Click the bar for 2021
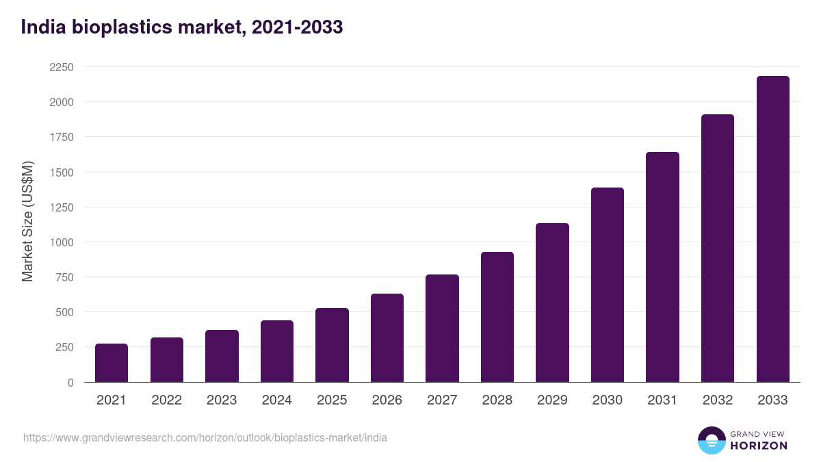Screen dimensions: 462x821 tap(112, 363)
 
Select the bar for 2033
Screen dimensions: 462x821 tap(772, 229)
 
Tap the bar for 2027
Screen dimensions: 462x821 tap(442, 329)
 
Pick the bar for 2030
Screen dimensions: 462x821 tap(608, 285)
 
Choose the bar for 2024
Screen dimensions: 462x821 tap(277, 351)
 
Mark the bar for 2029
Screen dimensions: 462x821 tap(552, 303)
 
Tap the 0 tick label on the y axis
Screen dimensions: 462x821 tap(70, 383)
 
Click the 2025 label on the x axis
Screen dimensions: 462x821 tap(332, 400)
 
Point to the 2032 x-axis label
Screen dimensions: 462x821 tap(718, 400)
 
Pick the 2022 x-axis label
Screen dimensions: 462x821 tap(167, 400)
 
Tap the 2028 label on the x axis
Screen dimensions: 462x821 tap(497, 400)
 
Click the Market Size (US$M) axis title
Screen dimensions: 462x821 tap(27, 222)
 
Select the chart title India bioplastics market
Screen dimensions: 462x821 tap(181, 27)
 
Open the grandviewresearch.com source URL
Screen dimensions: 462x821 tap(205, 437)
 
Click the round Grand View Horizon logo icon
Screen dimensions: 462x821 tap(712, 440)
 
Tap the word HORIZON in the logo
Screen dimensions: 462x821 tap(759, 446)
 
